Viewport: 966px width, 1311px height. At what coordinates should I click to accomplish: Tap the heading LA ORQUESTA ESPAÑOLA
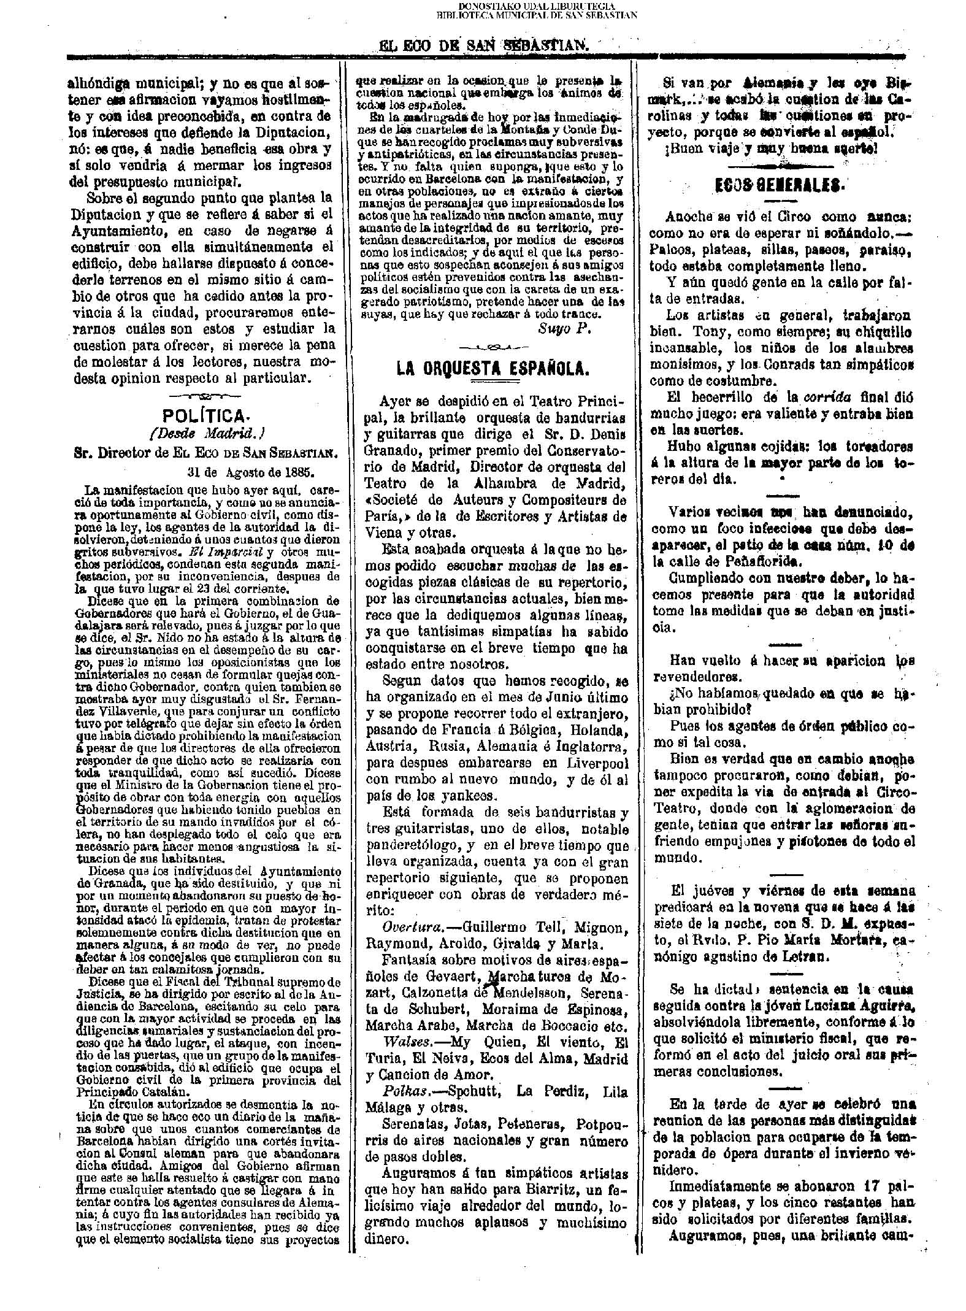point(493,367)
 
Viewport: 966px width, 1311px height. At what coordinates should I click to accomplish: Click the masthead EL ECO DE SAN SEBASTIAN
point(484,45)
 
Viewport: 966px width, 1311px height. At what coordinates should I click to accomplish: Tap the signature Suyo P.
point(564,328)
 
